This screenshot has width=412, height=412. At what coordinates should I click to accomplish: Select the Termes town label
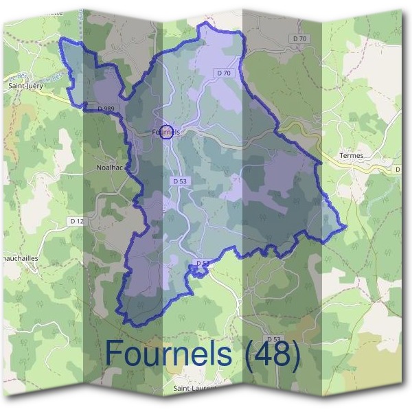(x=351, y=156)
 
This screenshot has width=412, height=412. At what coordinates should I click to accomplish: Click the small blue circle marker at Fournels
(x=165, y=133)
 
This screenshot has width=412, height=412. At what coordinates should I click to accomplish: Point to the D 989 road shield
(x=106, y=108)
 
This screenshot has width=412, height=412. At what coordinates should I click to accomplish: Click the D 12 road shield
(x=77, y=220)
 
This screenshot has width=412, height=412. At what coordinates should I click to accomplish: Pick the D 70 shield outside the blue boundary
(x=300, y=39)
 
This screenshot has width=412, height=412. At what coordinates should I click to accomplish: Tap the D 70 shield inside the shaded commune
(x=224, y=73)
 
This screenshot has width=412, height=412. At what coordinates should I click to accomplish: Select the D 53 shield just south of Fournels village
(x=179, y=181)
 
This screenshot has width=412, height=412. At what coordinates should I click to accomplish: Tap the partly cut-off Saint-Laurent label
(x=195, y=388)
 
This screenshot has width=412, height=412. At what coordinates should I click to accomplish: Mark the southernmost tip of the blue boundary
(x=127, y=324)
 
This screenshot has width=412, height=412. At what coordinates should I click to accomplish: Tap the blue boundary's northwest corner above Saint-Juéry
(x=62, y=39)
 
